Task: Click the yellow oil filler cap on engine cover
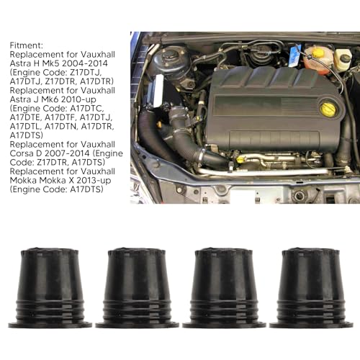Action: click(328, 109)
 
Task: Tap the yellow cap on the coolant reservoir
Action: click(318, 53)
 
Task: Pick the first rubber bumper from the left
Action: click(50, 288)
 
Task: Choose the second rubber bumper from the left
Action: click(137, 288)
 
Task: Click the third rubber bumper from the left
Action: click(224, 288)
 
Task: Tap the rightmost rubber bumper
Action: click(310, 288)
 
